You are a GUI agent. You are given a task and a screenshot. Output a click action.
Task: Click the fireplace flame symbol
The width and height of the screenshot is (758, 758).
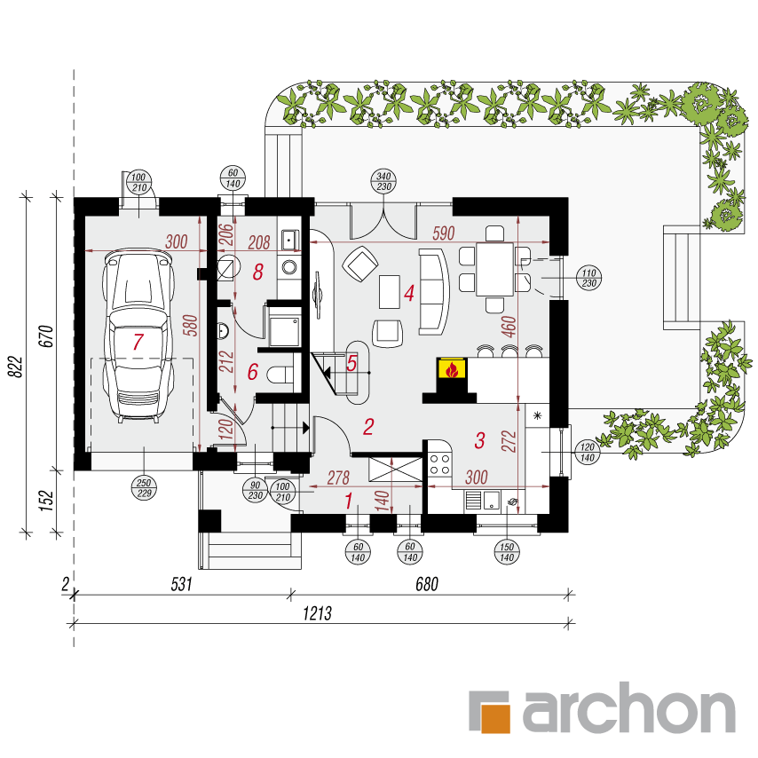coord(452,370)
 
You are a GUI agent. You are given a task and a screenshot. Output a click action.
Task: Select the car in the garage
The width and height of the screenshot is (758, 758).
coord(138,336)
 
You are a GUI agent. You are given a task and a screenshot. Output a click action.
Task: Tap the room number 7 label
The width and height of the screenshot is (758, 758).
coord(138,342)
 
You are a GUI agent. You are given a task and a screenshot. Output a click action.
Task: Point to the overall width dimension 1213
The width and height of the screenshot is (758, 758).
coord(318,613)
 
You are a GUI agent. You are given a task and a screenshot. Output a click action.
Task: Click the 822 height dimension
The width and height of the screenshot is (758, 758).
coord(16,367)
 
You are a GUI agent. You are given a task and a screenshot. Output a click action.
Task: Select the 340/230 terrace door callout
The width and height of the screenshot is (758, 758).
coord(383,181)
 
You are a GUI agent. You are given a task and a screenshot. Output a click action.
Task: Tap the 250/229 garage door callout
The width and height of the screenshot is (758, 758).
coord(144,488)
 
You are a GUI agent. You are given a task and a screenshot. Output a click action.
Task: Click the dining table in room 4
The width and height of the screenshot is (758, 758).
coord(494,269)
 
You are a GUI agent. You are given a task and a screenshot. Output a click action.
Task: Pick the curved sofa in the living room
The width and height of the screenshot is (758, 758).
coord(434,291)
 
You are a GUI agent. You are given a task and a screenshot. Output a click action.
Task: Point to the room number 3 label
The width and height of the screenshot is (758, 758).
coord(479,440)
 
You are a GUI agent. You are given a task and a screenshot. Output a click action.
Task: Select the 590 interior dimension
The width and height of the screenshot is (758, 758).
coord(443,233)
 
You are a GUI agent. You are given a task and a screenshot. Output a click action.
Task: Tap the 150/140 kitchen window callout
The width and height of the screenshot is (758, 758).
coord(507,552)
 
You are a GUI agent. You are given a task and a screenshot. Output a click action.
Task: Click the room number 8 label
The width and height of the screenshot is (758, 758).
coord(258,272)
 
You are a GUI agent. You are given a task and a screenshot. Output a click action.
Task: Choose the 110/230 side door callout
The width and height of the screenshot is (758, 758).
coord(588,278)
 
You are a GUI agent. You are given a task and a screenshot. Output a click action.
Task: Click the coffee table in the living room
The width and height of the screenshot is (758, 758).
coord(389,291)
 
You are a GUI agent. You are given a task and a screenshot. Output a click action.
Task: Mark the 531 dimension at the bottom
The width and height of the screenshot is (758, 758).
coord(182,584)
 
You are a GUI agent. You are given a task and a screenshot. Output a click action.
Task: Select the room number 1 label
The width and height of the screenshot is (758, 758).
coord(349,501)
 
